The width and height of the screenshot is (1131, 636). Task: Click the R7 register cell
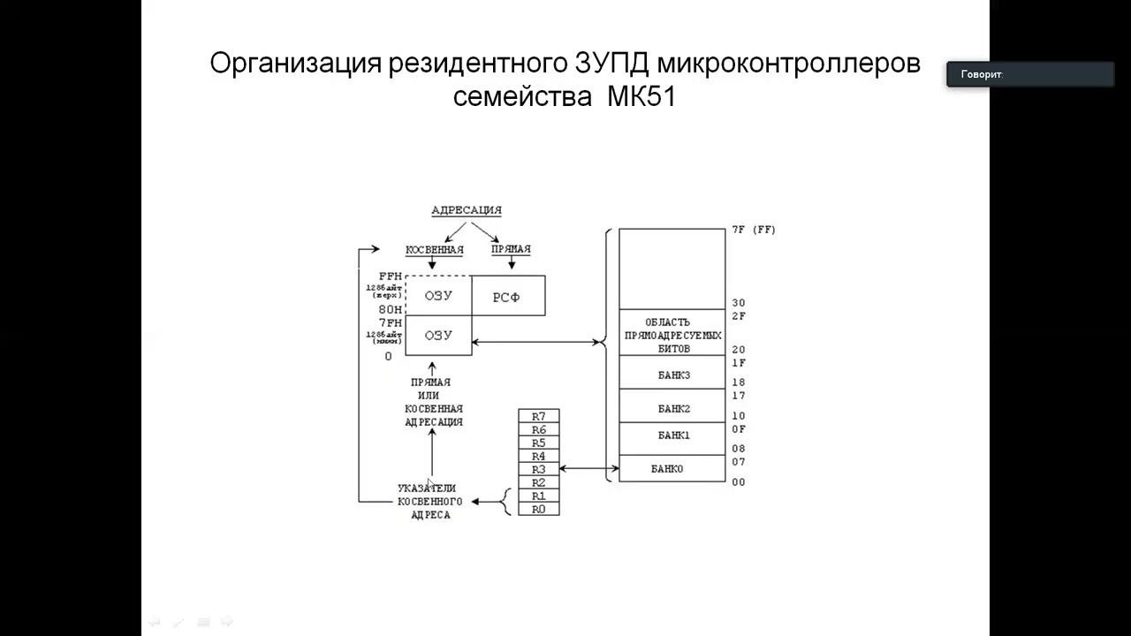point(538,416)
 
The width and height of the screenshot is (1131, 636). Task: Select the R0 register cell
point(538,509)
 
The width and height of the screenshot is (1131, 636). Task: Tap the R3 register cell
point(538,469)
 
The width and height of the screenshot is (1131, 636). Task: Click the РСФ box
point(507,297)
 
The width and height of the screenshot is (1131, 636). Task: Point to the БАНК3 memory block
point(672,375)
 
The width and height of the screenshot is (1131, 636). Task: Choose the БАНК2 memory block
point(672,408)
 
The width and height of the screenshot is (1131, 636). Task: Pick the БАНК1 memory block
point(672,435)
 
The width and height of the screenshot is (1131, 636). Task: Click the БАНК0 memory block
point(672,468)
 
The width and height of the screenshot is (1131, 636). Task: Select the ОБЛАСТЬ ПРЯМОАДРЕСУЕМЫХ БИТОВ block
point(672,335)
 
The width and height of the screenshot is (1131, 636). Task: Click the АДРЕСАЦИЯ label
point(466,210)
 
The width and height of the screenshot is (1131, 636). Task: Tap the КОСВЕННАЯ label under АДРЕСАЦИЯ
point(434,249)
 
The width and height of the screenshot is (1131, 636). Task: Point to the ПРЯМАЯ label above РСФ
point(511,249)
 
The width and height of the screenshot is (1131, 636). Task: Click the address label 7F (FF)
point(753,230)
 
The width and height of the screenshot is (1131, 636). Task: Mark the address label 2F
point(739,315)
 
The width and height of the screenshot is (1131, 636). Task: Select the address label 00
point(739,482)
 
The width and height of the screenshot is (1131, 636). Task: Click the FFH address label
point(390,276)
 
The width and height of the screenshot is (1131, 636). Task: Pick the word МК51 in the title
point(641,96)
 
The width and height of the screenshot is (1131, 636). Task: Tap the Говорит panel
point(1030,74)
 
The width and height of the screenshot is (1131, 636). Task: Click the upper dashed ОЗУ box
point(438,296)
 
